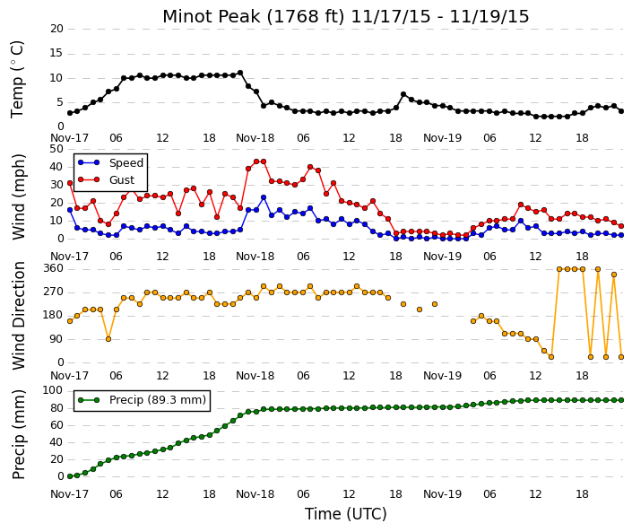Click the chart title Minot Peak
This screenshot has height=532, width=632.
coord(212,16)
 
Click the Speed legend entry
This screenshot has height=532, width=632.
coord(111,163)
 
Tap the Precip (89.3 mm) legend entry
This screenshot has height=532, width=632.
coord(142,400)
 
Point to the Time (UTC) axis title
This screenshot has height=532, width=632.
coord(345,514)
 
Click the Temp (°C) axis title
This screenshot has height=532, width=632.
coord(18,80)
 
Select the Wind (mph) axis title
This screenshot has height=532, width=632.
coord(19,196)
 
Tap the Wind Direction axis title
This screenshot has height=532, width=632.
coord(19,316)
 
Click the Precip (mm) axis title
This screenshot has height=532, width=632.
coord(19,434)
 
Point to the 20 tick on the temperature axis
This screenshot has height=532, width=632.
coord(56,29)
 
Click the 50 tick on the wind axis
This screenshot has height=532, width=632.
coord(56,149)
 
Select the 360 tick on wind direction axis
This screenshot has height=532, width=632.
coord(54,268)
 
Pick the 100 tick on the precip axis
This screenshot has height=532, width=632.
coord(54,390)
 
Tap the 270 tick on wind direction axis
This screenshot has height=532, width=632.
coord(54,292)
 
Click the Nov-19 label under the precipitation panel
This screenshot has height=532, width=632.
coord(442,494)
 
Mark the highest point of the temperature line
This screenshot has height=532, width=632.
coord(240,73)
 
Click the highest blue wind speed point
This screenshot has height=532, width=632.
coord(264,197)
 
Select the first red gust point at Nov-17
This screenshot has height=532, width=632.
coord(70,183)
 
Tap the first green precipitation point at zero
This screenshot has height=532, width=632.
coord(70,476)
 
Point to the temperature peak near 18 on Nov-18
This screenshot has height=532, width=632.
coord(403,94)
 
